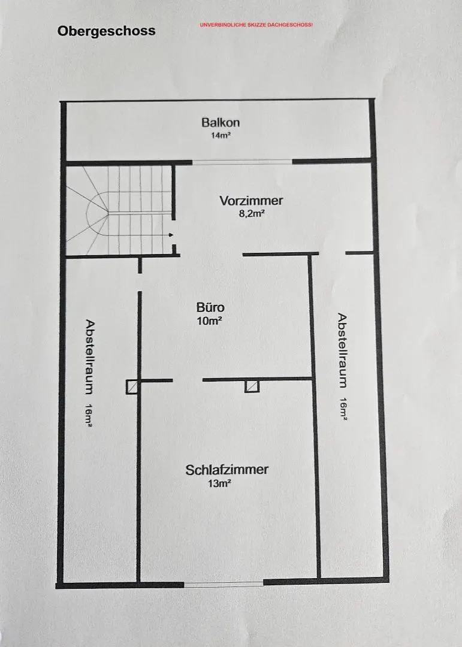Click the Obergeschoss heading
(107, 31)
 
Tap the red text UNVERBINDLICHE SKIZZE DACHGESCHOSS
(256, 25)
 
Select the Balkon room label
(221, 122)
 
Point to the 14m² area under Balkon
(221, 135)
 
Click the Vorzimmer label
(251, 201)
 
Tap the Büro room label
(210, 307)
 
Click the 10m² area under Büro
(210, 321)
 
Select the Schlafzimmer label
(227, 470)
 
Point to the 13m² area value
(219, 483)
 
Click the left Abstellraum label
(90, 356)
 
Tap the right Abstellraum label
(342, 350)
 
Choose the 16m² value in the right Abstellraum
(343, 409)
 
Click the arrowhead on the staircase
(171, 235)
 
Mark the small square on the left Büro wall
(132, 387)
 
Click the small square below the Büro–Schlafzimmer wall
(252, 386)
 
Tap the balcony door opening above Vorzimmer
(242, 162)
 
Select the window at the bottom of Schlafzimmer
(224, 584)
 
